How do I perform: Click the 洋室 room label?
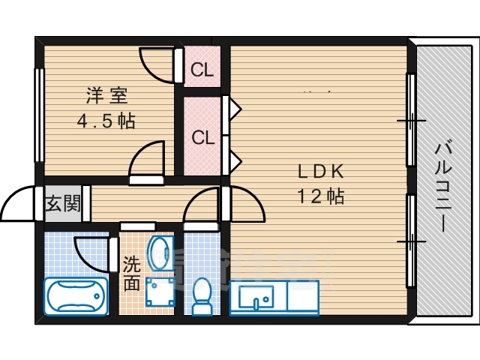[x=106, y=95]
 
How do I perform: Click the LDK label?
[x=320, y=172]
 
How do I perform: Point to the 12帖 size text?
[x=320, y=196]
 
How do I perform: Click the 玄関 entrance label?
[x=62, y=203]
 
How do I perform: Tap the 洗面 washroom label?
[x=131, y=274]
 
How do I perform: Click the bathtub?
[x=76, y=295]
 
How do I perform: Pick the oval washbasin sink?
[x=160, y=253]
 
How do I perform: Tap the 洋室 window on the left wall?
[x=37, y=114]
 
